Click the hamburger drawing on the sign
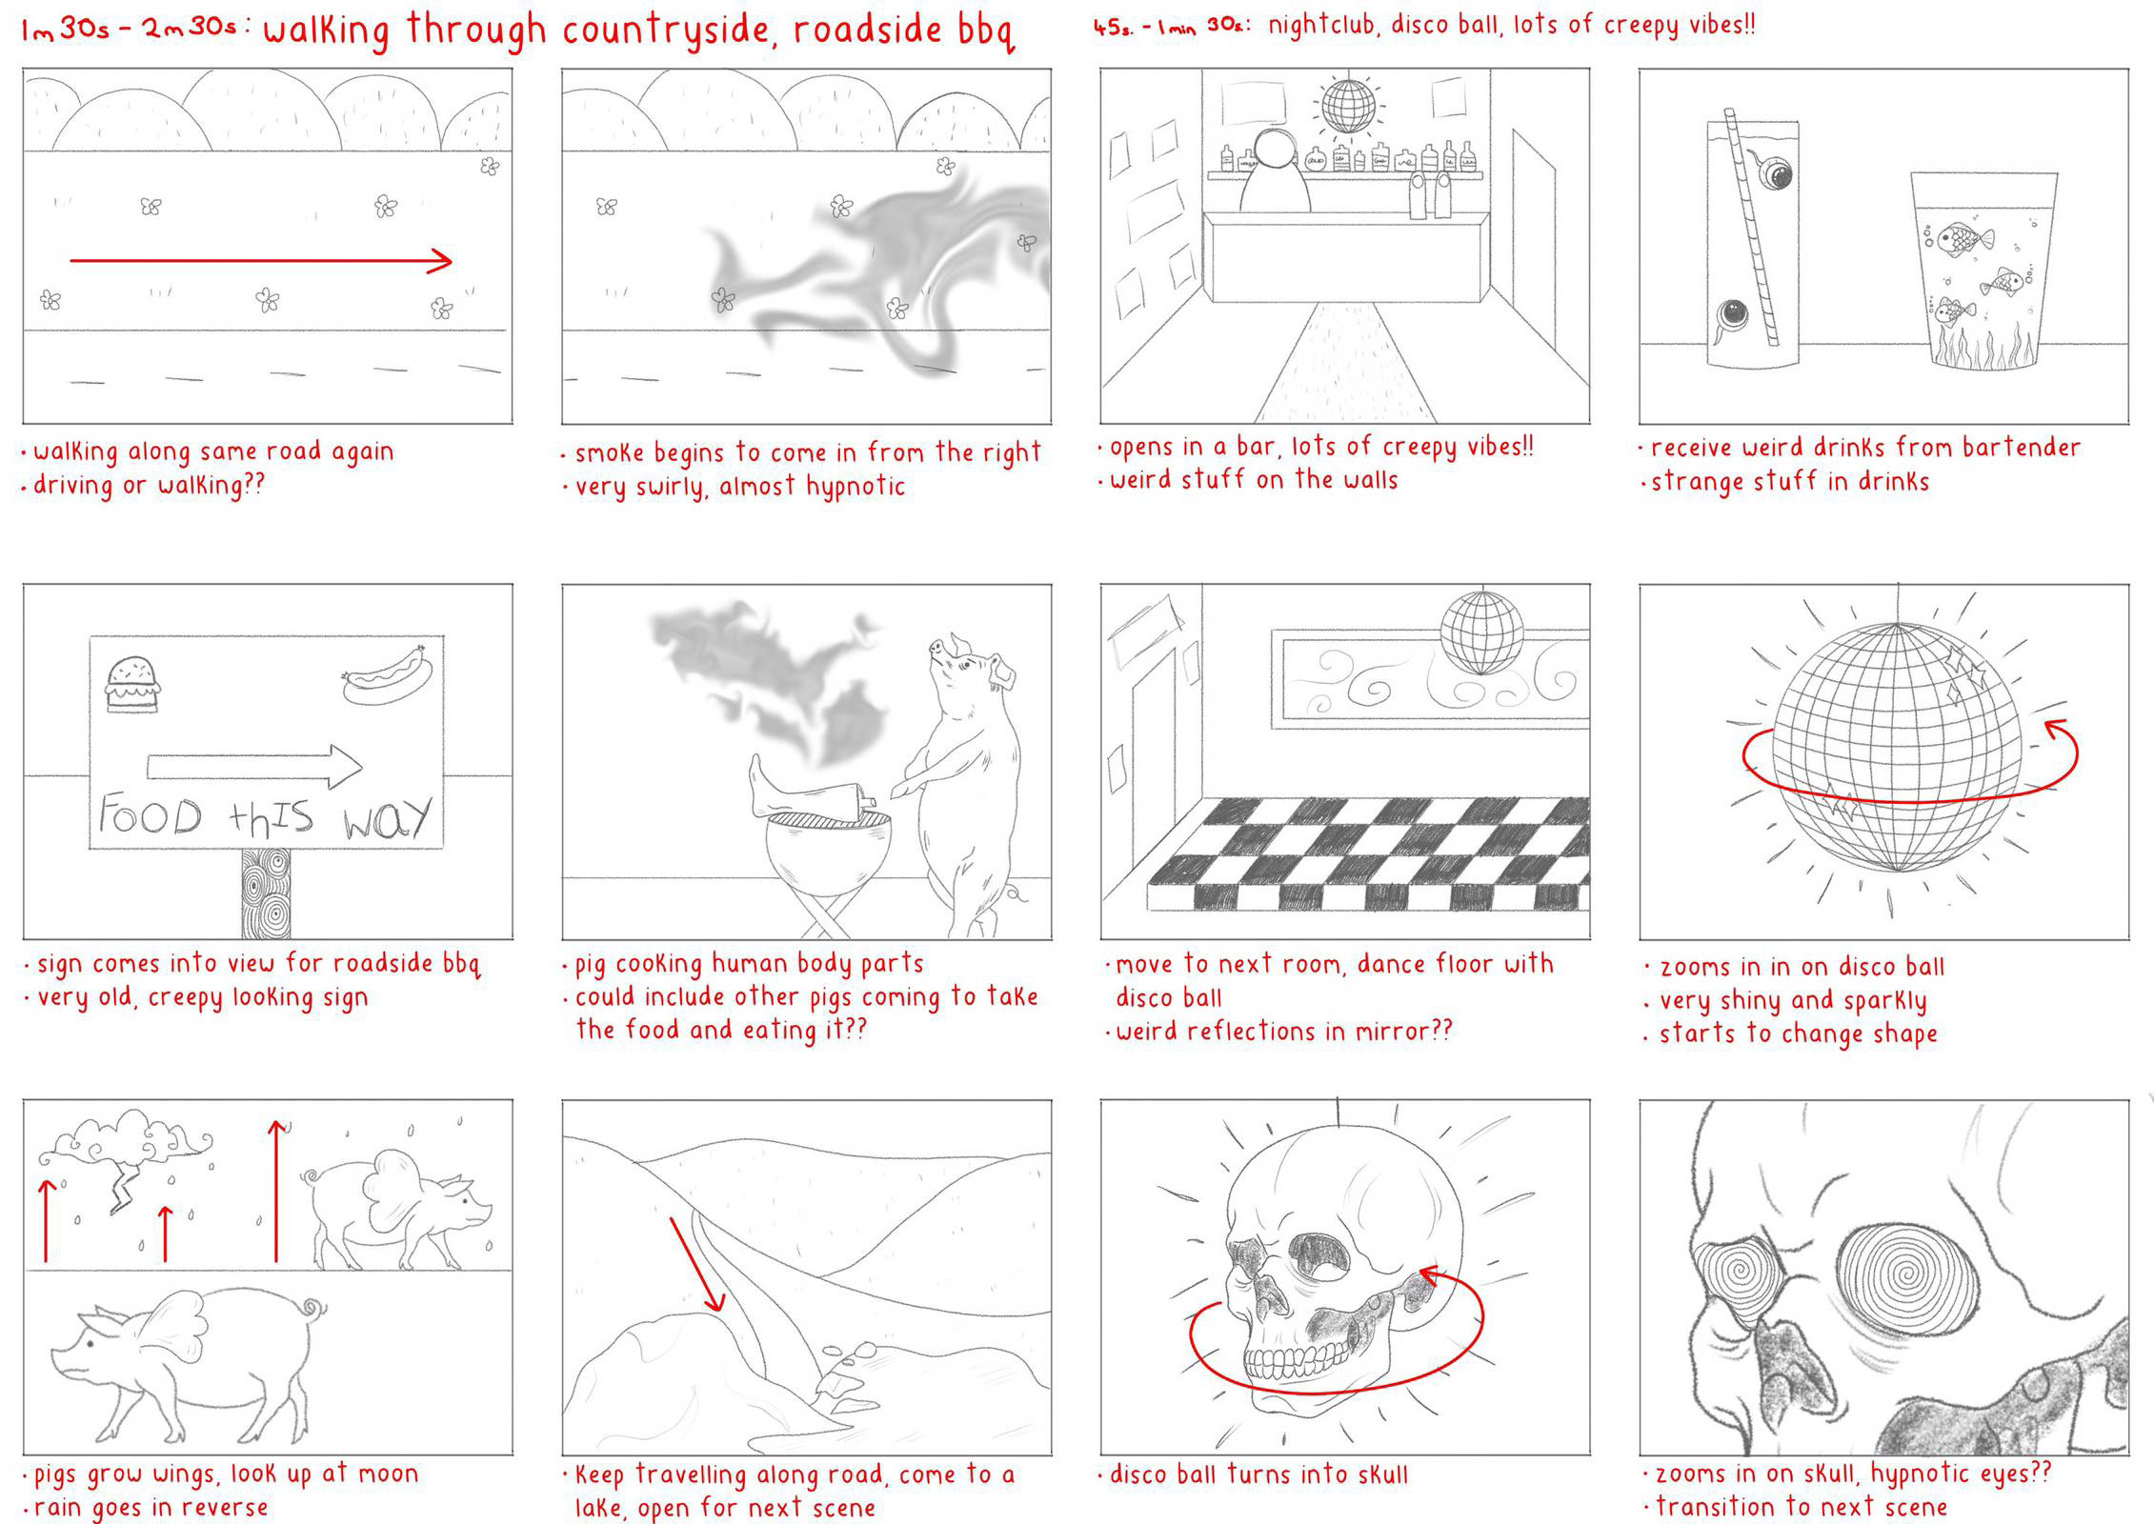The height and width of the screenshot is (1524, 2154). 131,683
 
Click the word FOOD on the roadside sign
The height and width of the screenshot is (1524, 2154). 151,816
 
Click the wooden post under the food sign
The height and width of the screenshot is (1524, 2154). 266,893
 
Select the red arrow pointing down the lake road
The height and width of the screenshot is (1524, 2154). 697,1263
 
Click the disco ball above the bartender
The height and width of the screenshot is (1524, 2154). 1348,106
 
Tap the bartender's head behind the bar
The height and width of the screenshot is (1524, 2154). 1275,150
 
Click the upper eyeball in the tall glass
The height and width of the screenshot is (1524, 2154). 1775,172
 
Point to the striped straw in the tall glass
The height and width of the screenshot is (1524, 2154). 1751,228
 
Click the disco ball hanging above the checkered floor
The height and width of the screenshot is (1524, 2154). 1481,632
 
